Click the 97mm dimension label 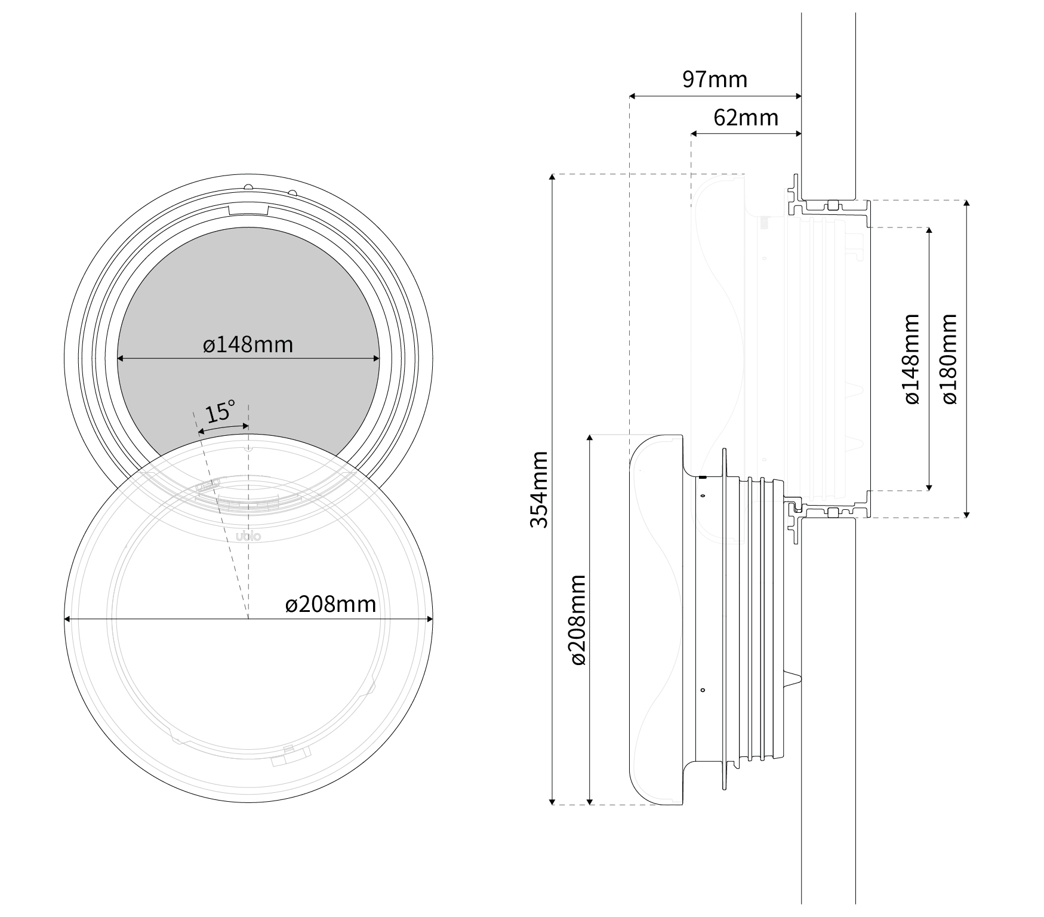pos(715,79)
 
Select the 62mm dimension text pos(746,118)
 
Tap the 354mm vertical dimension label pos(540,490)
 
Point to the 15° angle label pos(220,412)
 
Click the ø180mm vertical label pos(950,359)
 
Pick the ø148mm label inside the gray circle pos(248,344)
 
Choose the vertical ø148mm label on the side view pos(911,359)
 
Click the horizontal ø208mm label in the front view pos(331,605)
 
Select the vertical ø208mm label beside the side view pos(578,620)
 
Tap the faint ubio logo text pos(248,536)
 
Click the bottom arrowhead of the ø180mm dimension pos(967,513)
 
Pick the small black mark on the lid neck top pos(703,477)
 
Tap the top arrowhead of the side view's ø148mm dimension pos(929,232)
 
